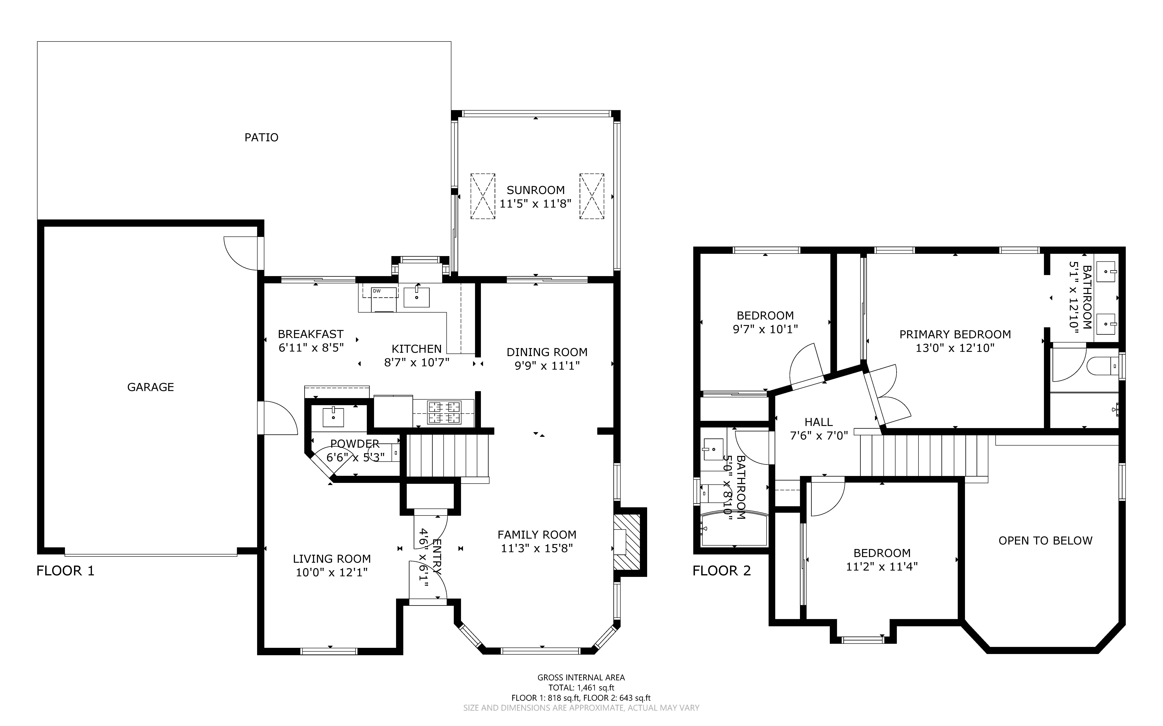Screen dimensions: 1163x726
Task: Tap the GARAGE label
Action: pyautogui.click(x=150, y=387)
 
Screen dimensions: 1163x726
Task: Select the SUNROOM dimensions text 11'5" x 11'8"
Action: pyautogui.click(x=535, y=204)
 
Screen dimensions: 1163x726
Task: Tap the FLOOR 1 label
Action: pyautogui.click(x=65, y=571)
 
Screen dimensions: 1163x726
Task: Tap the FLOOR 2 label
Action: pyautogui.click(x=722, y=571)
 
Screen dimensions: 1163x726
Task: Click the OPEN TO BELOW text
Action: pyautogui.click(x=1045, y=541)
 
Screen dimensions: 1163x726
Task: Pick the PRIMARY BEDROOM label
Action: pyautogui.click(x=955, y=335)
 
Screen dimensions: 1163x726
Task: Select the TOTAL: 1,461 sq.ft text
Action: pyautogui.click(x=581, y=688)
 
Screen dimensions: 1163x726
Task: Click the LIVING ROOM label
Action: pyautogui.click(x=332, y=559)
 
